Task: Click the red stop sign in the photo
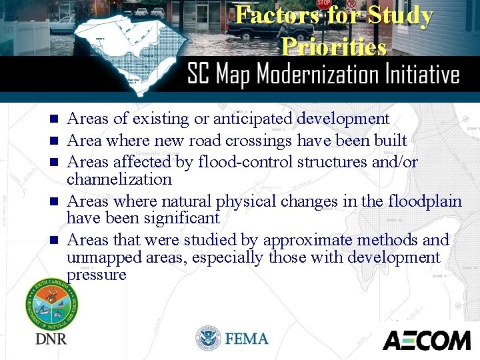pos(324,4)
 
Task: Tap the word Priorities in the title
pos(333,46)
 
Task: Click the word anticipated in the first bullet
pos(253,119)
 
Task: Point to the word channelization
pos(119,179)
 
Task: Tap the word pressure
pos(96,275)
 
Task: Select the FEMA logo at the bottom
pos(232,339)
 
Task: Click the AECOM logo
pos(426,340)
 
